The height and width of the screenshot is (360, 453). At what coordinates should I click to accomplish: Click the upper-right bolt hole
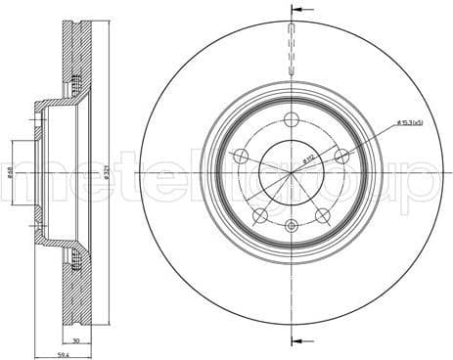pyautogui.click(x=341, y=156)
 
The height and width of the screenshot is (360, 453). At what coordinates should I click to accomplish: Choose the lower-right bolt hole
pyautogui.click(x=323, y=214)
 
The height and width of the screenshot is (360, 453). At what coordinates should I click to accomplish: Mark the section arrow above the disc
pyautogui.click(x=303, y=13)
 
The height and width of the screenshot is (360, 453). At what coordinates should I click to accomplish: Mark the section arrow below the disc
pyautogui.click(x=303, y=342)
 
